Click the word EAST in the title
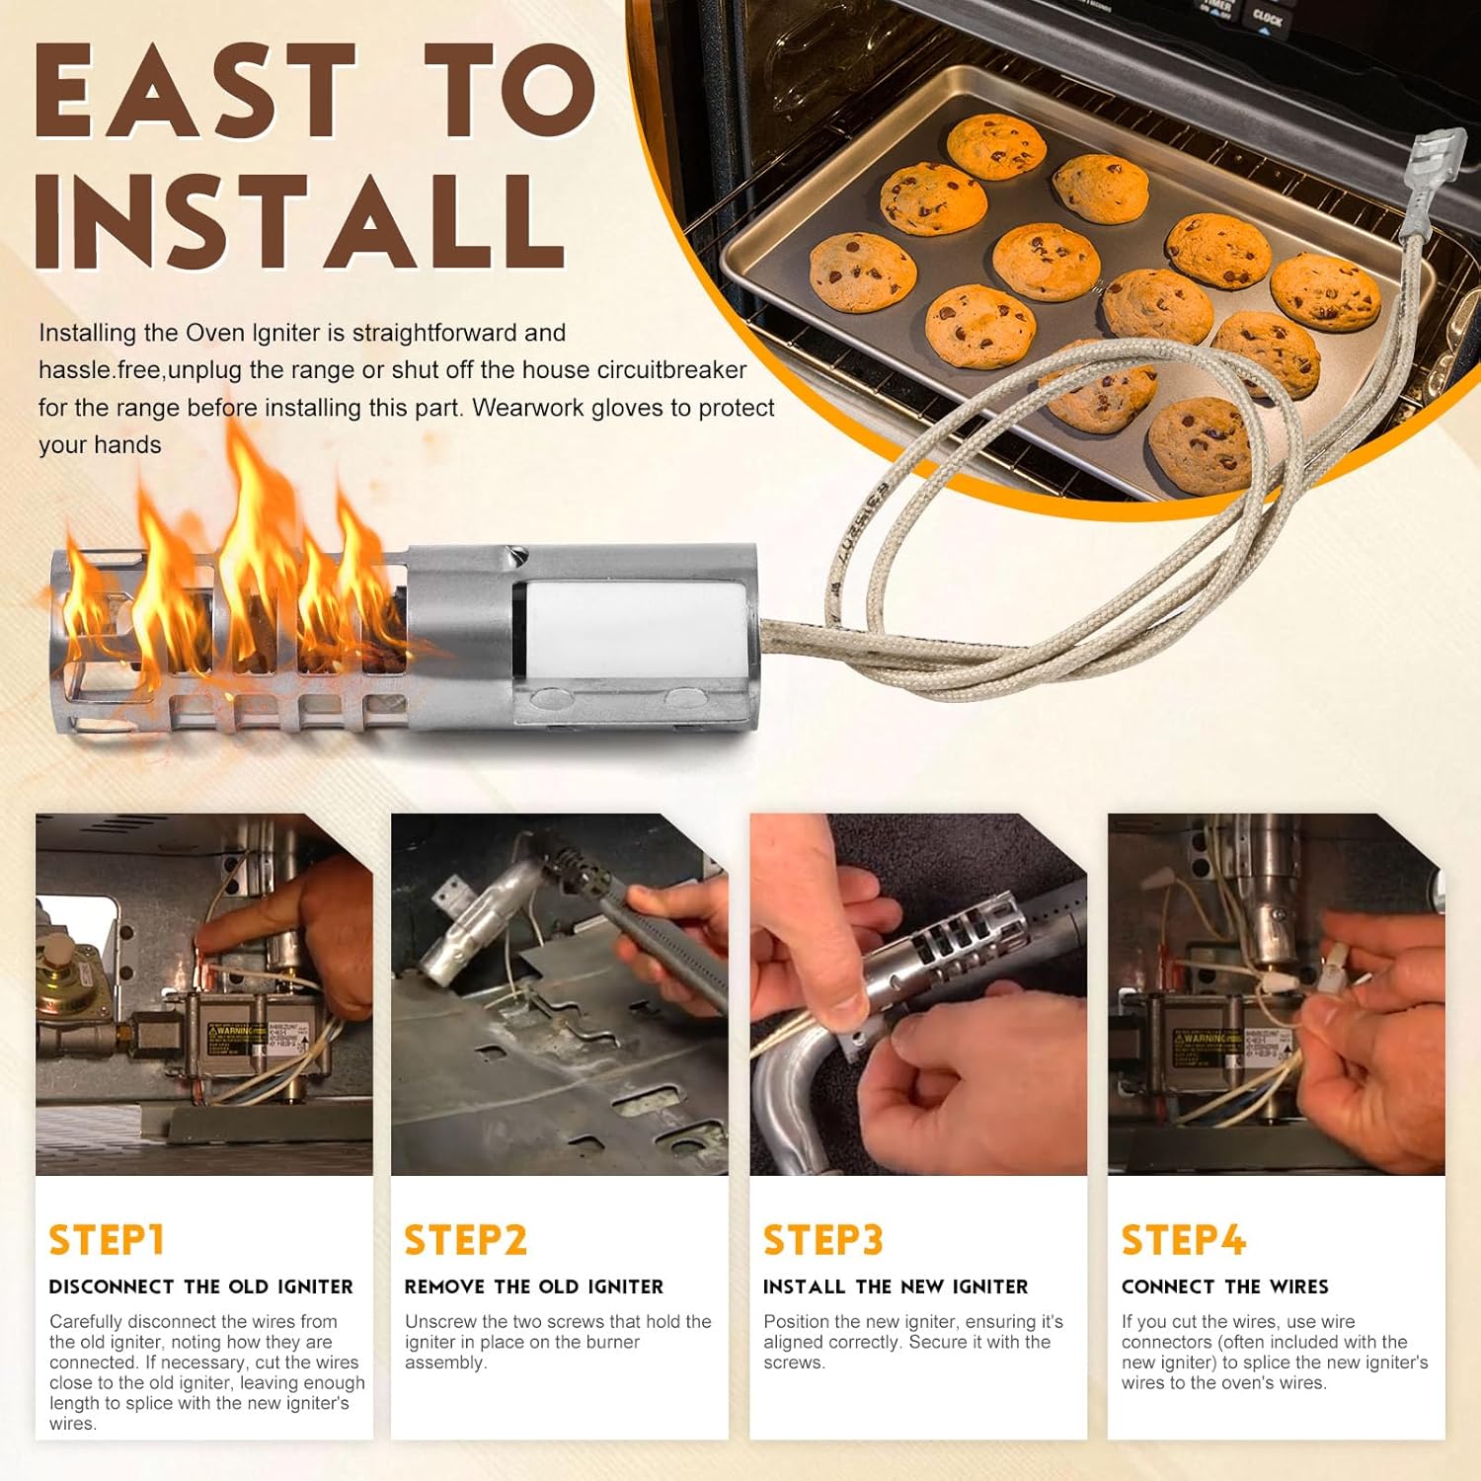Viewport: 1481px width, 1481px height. point(195,92)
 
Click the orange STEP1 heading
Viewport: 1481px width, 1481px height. point(107,1240)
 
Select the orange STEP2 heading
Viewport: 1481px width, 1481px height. point(465,1240)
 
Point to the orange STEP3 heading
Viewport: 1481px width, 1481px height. point(822,1240)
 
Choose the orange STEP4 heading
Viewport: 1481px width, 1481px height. point(1183,1240)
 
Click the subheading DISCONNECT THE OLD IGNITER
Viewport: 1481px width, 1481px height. point(200,1286)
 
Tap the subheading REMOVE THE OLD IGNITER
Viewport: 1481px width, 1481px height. point(533,1286)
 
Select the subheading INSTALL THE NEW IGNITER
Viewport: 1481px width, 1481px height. point(896,1286)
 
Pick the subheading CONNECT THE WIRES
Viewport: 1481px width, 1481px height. point(1224,1286)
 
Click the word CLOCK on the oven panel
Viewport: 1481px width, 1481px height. point(1267,18)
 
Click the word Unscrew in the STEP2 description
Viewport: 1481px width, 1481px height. point(440,1321)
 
